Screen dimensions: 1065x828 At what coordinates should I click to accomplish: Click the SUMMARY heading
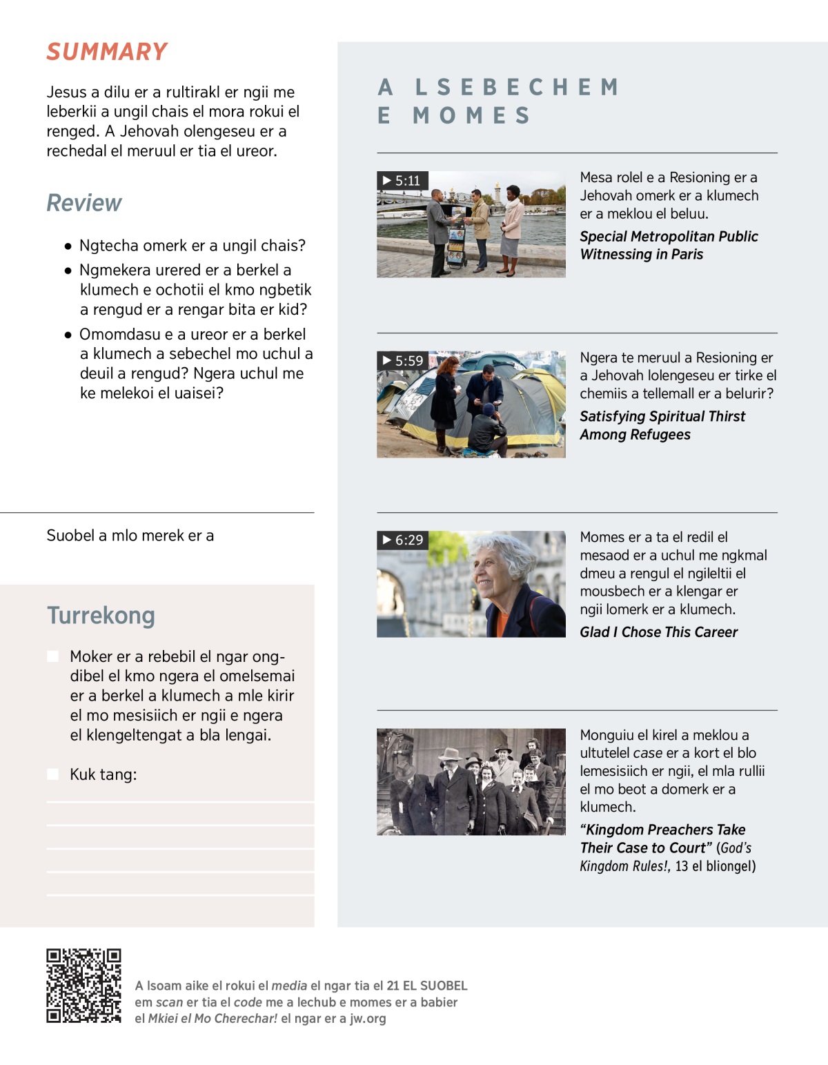107,52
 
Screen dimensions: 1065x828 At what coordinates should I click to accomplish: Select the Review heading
83,203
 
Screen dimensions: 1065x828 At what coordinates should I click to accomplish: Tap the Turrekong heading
101,615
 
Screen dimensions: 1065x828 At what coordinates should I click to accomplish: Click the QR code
83,985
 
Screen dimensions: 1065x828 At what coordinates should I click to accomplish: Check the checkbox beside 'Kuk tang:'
52,774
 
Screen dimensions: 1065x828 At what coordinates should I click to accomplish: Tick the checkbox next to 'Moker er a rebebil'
52,656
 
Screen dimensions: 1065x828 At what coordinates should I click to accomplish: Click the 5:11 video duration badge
402,181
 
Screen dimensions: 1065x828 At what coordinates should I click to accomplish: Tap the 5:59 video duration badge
403,360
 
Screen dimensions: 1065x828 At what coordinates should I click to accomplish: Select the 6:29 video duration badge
403,540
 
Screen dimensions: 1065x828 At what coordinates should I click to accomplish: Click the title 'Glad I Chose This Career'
658,632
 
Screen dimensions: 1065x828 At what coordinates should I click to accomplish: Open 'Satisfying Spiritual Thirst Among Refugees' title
662,425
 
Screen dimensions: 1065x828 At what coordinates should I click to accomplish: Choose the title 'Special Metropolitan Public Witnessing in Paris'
668,245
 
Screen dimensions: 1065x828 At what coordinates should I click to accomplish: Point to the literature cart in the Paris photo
457,238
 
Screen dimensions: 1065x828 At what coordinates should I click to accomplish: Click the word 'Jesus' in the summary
66,92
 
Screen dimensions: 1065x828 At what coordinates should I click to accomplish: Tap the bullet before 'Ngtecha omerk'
68,246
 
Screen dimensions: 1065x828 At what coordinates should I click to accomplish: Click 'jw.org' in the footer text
368,1019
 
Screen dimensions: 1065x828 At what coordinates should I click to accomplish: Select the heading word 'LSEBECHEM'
517,88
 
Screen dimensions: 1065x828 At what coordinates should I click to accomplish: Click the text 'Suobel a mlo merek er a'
130,536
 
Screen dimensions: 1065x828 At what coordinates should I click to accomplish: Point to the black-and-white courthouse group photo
471,781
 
